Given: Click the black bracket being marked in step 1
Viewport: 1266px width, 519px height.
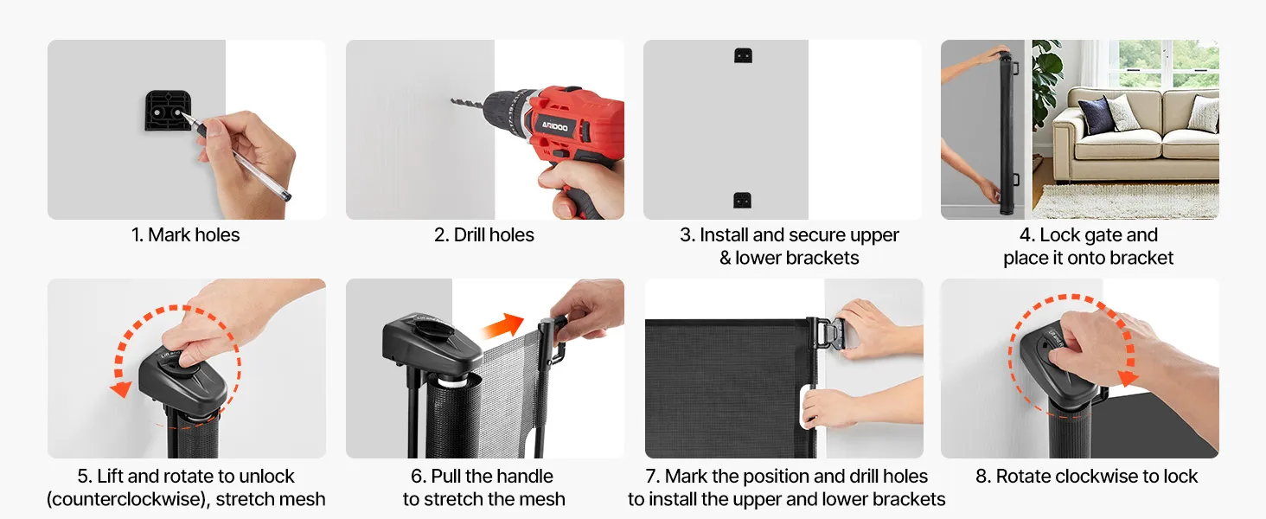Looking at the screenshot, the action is pos(168,111).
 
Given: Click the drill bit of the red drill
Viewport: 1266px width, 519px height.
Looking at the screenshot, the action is pos(468,104).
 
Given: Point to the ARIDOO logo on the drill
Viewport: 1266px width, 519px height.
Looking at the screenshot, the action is pos(554,126).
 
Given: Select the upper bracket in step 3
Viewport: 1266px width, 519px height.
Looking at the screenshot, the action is pos(743,55).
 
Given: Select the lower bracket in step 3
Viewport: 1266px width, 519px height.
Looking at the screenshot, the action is pos(742,200).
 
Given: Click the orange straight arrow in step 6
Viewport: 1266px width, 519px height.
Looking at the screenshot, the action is pos(502,325).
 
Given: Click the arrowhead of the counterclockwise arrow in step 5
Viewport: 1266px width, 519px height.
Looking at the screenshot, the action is pos(121,389).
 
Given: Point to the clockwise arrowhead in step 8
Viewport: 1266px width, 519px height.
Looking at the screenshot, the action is pos(1128,377).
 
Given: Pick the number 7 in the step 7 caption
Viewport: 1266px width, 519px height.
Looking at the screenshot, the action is pos(652,476).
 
